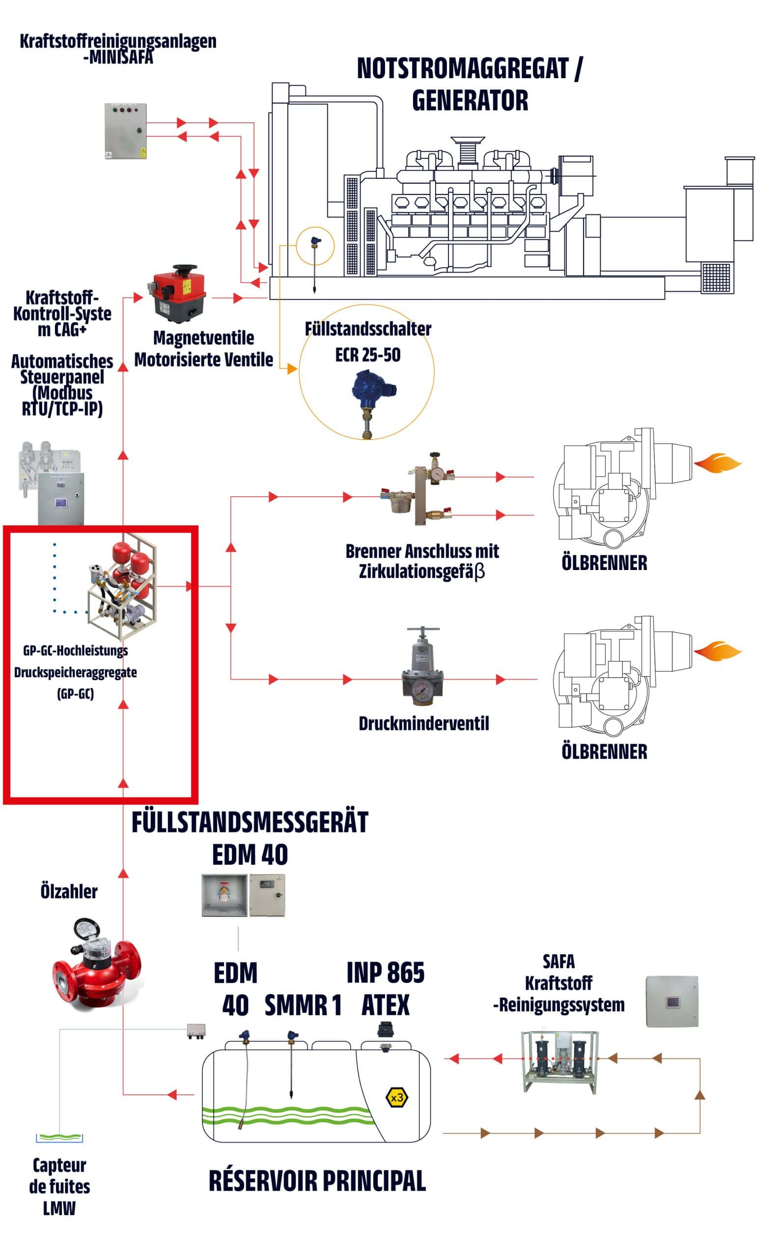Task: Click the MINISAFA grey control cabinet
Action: [x=126, y=131]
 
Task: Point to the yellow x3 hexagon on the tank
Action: [x=397, y=1097]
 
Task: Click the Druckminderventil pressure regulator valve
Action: [x=423, y=666]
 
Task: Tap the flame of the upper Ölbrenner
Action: [x=718, y=463]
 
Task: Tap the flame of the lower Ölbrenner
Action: [x=718, y=651]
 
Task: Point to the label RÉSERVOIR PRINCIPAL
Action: [x=317, y=1181]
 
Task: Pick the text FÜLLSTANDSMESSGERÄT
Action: [x=250, y=822]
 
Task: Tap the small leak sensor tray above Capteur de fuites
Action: [x=59, y=1138]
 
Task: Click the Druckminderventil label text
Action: [x=423, y=724]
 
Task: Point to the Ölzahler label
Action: [x=69, y=891]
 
